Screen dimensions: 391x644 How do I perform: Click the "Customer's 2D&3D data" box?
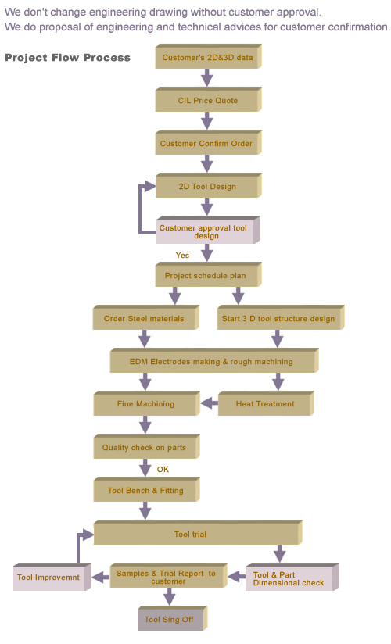point(209,57)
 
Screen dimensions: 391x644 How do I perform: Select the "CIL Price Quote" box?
point(209,100)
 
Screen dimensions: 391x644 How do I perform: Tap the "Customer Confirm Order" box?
point(209,143)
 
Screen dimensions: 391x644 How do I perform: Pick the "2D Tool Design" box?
point(209,186)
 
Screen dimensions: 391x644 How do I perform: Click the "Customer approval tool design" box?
point(208,231)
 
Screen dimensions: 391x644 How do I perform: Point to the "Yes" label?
point(182,256)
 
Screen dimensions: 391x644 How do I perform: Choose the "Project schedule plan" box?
point(209,275)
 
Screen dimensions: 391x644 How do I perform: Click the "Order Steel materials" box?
point(146,317)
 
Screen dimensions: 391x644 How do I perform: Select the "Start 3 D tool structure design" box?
point(281,317)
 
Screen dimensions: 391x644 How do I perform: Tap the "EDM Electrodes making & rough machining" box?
point(214,360)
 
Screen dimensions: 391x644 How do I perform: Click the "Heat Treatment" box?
point(266,403)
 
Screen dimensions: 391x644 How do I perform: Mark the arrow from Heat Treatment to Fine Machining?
point(210,403)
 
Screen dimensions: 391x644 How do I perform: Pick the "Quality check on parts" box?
point(147,446)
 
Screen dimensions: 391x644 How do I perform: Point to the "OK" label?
point(163,470)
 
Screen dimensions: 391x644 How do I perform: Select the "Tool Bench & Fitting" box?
point(147,489)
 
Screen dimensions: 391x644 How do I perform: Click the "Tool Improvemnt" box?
point(52,577)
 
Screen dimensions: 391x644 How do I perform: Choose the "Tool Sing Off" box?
point(173,618)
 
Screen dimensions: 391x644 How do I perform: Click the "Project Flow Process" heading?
point(67,58)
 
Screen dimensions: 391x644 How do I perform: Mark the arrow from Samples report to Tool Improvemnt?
point(101,578)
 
